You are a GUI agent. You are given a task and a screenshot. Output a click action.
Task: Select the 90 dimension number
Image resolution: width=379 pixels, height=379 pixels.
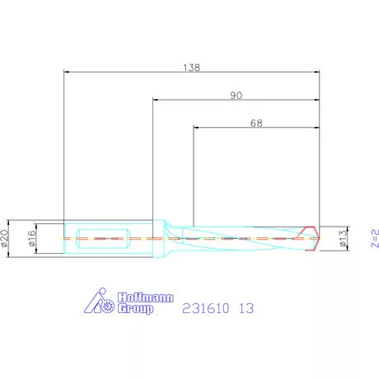click(x=236, y=96)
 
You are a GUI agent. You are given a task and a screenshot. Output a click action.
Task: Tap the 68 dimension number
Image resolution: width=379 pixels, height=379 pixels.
click(x=256, y=124)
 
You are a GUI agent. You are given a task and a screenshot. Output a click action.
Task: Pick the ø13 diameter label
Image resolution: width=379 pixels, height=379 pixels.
click(x=341, y=238)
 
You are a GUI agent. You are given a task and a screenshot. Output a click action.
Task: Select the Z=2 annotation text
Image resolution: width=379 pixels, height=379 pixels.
click(x=373, y=238)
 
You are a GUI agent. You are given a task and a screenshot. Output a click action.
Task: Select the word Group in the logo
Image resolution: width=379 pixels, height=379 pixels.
click(x=135, y=308)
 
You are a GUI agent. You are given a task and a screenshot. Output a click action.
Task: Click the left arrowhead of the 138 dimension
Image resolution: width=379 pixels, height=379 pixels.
click(x=67, y=72)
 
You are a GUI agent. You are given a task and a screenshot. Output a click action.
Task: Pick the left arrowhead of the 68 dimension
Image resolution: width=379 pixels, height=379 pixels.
click(x=196, y=129)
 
